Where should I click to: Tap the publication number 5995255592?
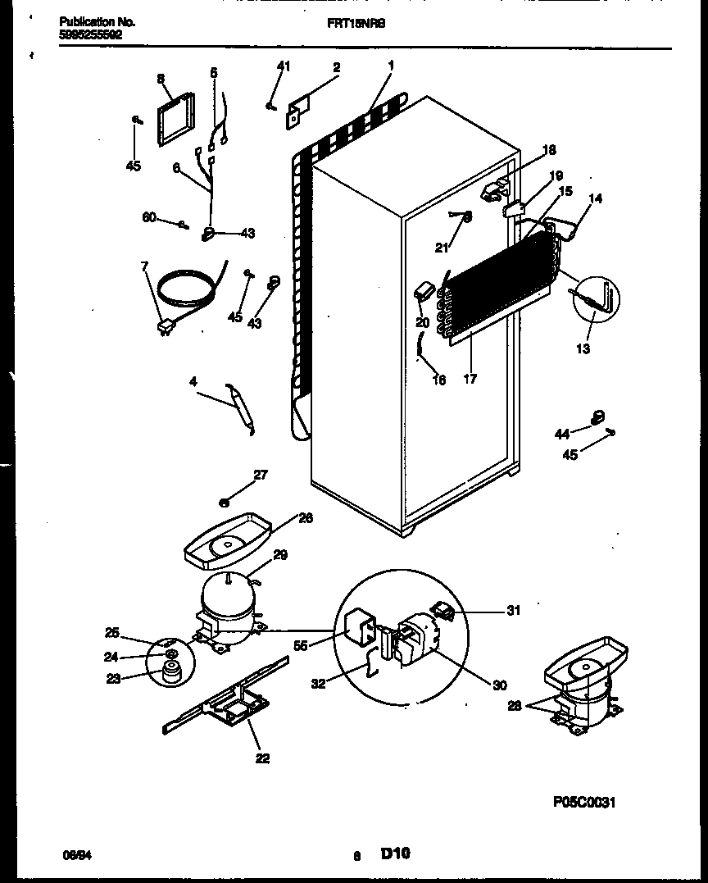(x=92, y=35)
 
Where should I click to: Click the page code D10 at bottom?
(x=395, y=853)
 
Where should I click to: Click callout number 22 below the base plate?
(x=262, y=758)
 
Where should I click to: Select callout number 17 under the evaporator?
(x=470, y=379)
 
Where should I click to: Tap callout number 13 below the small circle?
(x=583, y=348)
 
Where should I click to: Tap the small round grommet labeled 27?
(x=225, y=501)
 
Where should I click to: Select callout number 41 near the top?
(x=283, y=65)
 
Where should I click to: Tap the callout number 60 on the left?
(x=148, y=216)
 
